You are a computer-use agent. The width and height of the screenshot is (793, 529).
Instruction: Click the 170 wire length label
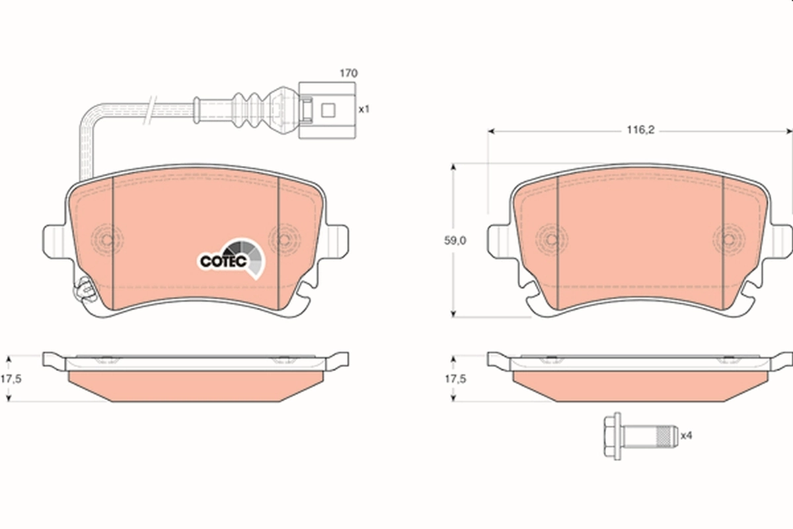click(348, 73)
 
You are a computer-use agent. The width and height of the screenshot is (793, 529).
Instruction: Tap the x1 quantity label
click(363, 109)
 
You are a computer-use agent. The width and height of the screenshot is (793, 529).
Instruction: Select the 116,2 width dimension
click(640, 131)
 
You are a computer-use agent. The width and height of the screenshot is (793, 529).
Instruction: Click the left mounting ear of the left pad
click(54, 239)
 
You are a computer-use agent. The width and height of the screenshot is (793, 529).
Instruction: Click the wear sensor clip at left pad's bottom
click(83, 290)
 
